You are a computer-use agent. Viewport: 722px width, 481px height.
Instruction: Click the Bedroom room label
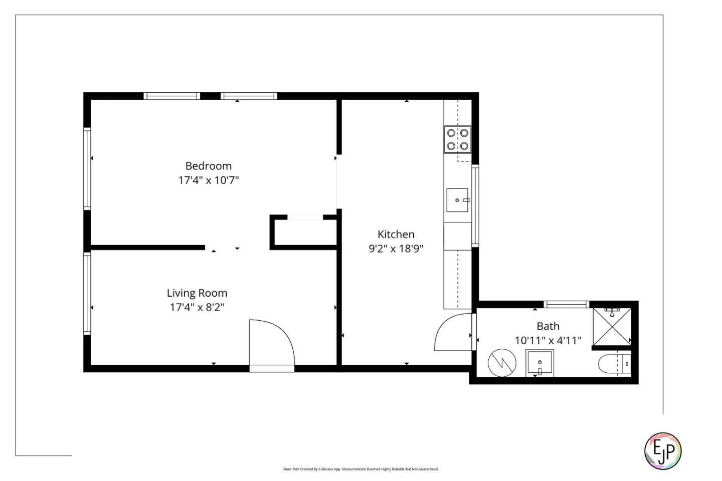tap(208, 166)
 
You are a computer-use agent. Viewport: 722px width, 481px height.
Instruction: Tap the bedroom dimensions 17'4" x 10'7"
tap(208, 180)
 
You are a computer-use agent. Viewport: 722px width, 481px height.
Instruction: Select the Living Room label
tap(197, 293)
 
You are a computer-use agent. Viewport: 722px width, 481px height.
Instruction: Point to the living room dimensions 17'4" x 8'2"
tap(197, 307)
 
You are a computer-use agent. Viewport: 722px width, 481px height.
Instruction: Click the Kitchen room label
tap(396, 234)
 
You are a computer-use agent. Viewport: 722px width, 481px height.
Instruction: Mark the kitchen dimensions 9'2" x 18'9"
tap(396, 249)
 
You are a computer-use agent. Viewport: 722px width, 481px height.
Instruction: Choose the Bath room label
tap(548, 326)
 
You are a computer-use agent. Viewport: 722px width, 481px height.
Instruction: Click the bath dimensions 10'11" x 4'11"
tap(548, 341)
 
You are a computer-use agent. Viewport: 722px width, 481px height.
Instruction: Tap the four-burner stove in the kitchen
tap(457, 139)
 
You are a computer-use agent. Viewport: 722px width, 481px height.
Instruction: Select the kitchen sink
tap(457, 200)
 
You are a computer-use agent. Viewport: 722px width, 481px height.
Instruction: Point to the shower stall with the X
tap(611, 327)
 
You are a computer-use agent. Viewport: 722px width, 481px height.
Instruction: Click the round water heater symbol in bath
tap(502, 362)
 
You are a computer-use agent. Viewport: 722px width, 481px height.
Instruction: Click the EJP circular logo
tap(662, 451)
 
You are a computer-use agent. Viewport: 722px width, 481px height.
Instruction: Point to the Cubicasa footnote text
tap(360, 469)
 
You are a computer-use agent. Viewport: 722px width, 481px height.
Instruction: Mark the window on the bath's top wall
tap(566, 304)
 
